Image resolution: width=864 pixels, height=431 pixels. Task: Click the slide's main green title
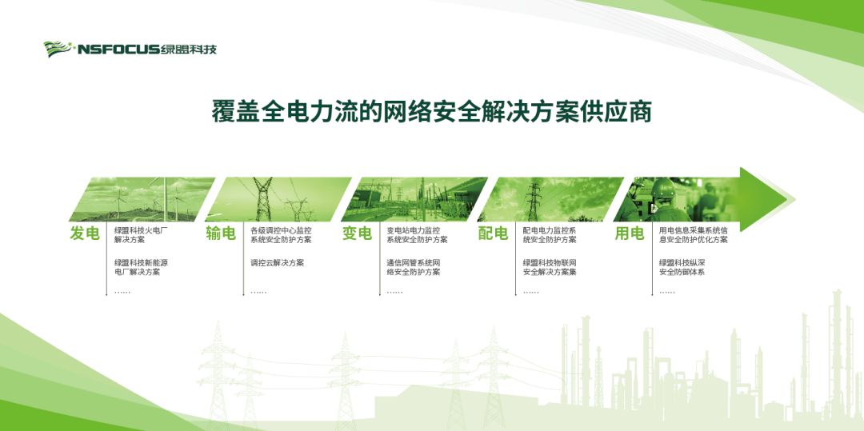coord(432,111)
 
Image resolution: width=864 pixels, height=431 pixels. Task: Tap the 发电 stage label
coord(85,234)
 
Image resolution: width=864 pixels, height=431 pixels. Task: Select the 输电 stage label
coord(221,234)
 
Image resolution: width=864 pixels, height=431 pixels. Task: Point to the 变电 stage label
coord(357,234)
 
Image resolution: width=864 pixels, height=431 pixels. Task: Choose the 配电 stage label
coord(493,234)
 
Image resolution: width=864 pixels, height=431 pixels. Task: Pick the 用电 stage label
coord(630,234)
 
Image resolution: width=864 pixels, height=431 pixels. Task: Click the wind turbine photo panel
coord(142,199)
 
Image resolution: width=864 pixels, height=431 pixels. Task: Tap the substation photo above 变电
coord(414,199)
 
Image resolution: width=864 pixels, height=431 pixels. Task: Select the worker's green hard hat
coord(663,188)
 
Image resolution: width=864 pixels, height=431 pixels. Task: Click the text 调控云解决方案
coord(277,263)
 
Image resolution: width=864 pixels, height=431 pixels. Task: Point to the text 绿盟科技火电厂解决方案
coord(140,236)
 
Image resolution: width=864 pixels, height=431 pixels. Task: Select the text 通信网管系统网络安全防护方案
coord(414,268)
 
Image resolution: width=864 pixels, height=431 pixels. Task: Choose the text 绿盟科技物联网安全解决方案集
coord(550,268)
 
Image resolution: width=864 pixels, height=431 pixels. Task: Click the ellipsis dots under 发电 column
coord(122,293)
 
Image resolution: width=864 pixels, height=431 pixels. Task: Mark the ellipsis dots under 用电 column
coord(666,293)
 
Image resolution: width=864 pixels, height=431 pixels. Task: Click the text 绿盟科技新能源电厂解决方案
coord(141,268)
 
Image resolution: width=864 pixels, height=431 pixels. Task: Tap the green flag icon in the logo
coord(58,49)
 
